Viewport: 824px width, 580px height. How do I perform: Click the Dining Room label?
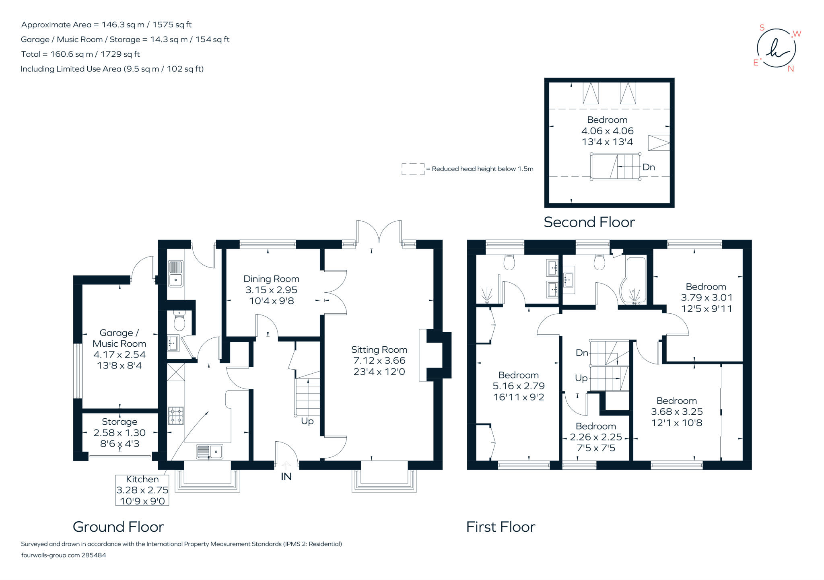click(271, 279)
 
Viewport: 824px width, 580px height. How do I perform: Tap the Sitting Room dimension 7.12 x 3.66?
click(379, 361)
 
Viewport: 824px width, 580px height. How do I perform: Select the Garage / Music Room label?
click(119, 338)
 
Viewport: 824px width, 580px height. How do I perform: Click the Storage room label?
click(119, 422)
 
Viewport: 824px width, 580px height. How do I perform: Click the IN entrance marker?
click(286, 477)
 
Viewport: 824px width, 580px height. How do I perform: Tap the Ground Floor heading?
click(118, 527)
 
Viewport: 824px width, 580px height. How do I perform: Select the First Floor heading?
click(501, 527)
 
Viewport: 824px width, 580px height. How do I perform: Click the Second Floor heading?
click(589, 222)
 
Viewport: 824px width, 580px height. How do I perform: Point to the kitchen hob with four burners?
click(176, 415)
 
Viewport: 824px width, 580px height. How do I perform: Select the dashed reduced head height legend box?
click(413, 169)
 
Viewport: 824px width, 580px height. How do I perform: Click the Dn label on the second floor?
click(649, 167)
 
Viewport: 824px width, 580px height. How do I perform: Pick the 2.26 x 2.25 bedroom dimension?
click(596, 437)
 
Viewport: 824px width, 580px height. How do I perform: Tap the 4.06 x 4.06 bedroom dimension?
click(607, 131)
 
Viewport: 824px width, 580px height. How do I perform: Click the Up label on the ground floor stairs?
click(307, 421)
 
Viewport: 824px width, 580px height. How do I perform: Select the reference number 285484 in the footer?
click(94, 555)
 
